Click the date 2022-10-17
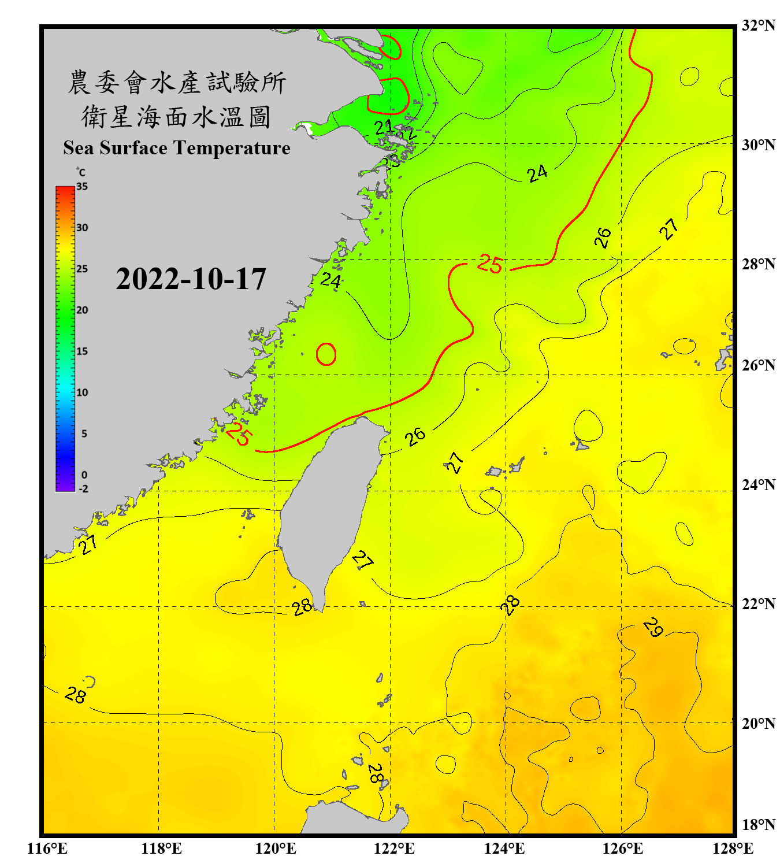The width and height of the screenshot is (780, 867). point(191,279)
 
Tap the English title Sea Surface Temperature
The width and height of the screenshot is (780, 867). point(176,148)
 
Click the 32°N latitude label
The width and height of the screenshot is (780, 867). point(758,25)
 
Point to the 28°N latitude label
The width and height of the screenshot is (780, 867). point(758,264)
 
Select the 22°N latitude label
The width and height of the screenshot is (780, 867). point(758,604)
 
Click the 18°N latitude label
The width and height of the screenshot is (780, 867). point(758,825)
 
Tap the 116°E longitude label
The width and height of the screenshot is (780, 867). point(47,849)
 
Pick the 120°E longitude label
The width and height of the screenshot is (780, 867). point(276,849)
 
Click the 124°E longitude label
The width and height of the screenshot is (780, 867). point(504,849)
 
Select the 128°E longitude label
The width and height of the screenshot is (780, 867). point(733,849)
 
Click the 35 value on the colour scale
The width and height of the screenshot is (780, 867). point(82,187)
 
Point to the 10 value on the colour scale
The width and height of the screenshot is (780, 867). point(82,392)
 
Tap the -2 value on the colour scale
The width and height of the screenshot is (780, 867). point(83,489)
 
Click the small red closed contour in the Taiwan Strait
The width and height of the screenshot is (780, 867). point(326,354)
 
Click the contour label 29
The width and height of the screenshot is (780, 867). point(653,627)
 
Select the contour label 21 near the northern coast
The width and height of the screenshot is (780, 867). point(383,127)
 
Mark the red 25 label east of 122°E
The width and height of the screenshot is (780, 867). point(489,264)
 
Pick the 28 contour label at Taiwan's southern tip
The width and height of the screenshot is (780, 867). point(302,607)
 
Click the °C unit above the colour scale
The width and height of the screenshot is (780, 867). point(81,172)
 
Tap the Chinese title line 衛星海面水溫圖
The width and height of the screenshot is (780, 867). point(176,117)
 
